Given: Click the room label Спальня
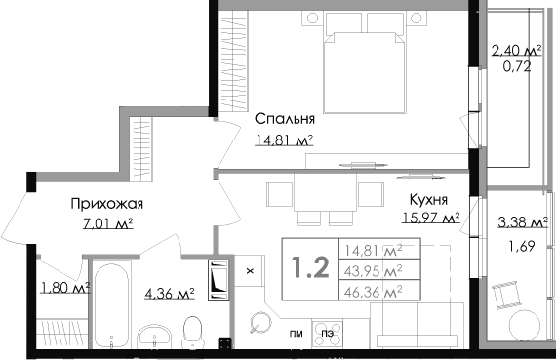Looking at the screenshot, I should pos(285,120).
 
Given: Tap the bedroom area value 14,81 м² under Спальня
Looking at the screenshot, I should pos(284,140).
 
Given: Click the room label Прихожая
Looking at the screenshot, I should pos(107,204).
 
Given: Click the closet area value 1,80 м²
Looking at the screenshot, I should pos(64,288).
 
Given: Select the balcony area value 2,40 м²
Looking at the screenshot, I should pos(516,52).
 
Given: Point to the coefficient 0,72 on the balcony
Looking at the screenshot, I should pos(516,69).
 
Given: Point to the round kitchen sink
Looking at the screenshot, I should pos(260,321).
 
